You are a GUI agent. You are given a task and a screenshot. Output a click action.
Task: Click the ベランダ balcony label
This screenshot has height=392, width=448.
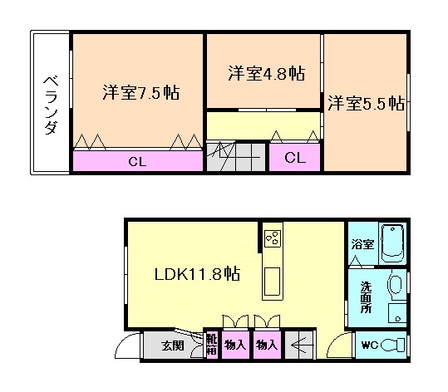pos(51,104)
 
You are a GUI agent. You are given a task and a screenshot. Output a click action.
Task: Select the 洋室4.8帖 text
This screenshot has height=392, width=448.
pos(265,73)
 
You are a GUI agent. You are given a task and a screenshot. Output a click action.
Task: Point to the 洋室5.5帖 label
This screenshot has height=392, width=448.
pos(365,104)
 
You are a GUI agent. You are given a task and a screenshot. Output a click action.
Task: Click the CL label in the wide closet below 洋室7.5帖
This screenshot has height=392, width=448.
pos(137,161)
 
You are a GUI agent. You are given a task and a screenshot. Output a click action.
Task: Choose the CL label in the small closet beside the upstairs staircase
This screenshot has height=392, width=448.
pos(294,158)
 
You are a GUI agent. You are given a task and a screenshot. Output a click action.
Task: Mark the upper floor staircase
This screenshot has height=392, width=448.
pos(236,158)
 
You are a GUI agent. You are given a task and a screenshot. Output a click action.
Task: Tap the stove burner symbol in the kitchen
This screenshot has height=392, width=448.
pos(272,239)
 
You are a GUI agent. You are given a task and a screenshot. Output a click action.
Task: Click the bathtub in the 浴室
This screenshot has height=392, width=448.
pos(391,243)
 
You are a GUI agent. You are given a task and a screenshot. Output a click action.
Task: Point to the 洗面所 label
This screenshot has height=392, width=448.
pos(365,298)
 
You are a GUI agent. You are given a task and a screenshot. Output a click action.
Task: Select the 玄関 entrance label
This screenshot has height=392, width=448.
pos(171,345)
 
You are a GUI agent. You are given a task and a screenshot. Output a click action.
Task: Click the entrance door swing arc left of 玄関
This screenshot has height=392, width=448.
pos(127,346)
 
